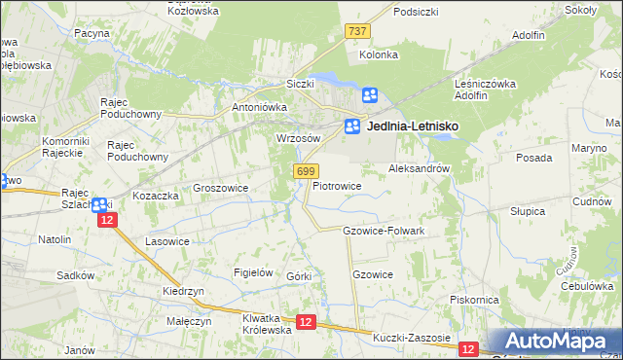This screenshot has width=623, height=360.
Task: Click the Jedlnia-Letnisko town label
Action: coord(413,126)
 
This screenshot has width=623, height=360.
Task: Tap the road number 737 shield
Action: coord(357,31)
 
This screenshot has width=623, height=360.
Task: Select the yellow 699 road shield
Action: coord(304,171)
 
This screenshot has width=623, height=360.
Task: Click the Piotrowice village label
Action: coord(337,185)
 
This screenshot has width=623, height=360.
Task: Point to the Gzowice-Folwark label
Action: coord(384,231)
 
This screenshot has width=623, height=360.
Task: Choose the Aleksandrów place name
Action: coord(419,168)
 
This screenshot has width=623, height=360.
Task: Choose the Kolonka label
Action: coord(379,54)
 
